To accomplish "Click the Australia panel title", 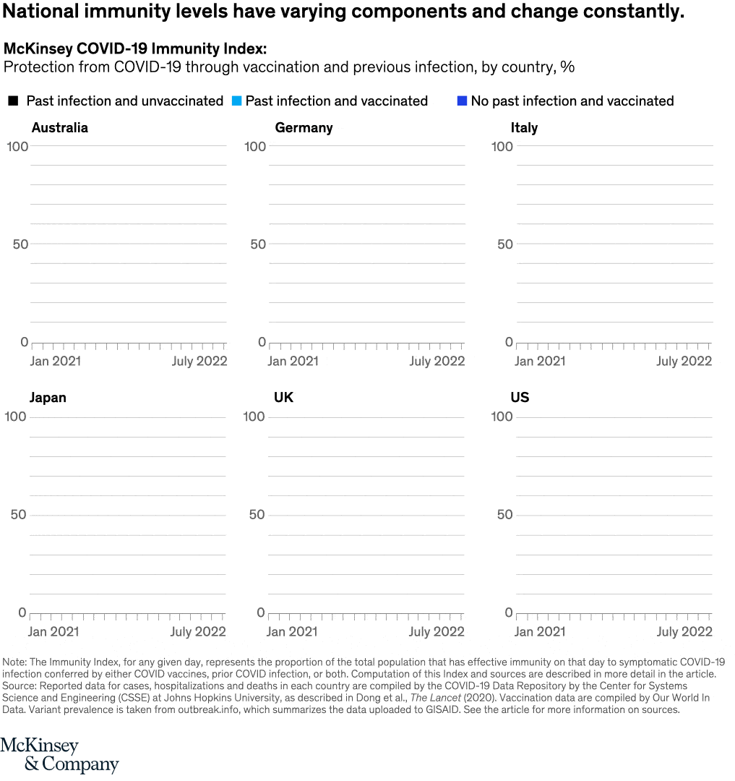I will pyautogui.click(x=60, y=128).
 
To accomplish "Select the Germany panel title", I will pyautogui.click(x=304, y=128).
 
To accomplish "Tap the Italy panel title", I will pyautogui.click(x=524, y=128).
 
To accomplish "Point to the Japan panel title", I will pyautogui.click(x=48, y=398).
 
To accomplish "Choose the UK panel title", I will pyautogui.click(x=283, y=398).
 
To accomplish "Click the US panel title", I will pyautogui.click(x=520, y=398).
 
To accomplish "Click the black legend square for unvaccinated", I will pyautogui.click(x=13, y=101).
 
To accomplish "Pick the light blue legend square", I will pyautogui.click(x=236, y=101).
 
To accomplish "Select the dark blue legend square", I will pyautogui.click(x=463, y=101).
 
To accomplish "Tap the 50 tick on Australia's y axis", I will pyautogui.click(x=20, y=244).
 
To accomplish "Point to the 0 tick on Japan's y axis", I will pyautogui.click(x=22, y=613).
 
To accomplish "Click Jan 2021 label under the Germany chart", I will pyautogui.click(x=293, y=361).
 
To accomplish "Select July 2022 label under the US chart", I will pyautogui.click(x=684, y=632).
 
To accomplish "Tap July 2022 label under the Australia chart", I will pyautogui.click(x=199, y=361).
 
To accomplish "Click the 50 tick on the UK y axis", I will pyautogui.click(x=257, y=515).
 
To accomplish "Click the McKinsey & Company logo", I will pyautogui.click(x=59, y=755).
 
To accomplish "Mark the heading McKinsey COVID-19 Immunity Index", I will pyautogui.click(x=135, y=49).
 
